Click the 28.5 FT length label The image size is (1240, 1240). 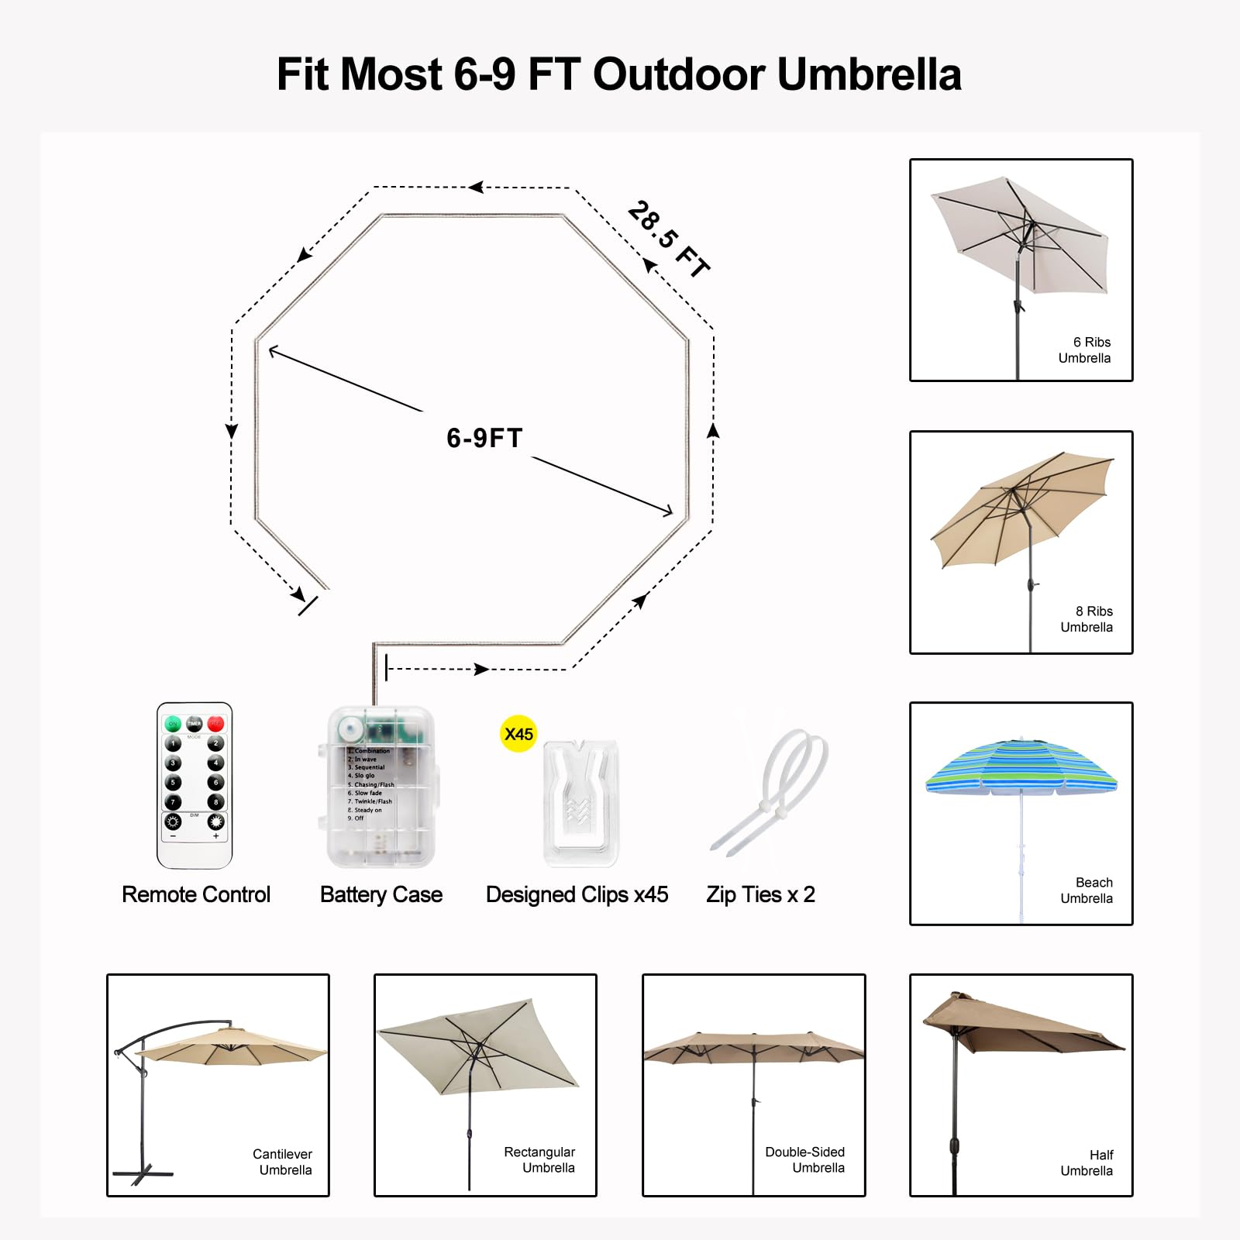pyautogui.click(x=668, y=239)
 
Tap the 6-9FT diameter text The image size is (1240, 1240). pyautogui.click(x=484, y=438)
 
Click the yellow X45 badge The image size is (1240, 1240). pyautogui.click(x=518, y=734)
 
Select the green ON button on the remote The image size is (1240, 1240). pyautogui.click(x=173, y=724)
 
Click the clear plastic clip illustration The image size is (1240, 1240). pyautogui.click(x=580, y=802)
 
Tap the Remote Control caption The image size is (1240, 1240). pyautogui.click(x=196, y=894)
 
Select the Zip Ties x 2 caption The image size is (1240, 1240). pyautogui.click(x=760, y=894)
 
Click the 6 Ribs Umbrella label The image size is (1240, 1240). pyautogui.click(x=1085, y=350)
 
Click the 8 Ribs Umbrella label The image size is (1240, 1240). pyautogui.click(x=1087, y=619)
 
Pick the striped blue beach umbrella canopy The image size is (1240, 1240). pyautogui.click(x=1021, y=767)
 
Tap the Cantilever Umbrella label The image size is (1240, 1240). pyautogui.click(x=284, y=1162)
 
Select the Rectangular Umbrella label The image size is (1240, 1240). pyautogui.click(x=540, y=1160)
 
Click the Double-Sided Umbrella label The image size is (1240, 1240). pyautogui.click(x=806, y=1160)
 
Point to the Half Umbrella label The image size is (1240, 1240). pyautogui.click(x=1087, y=1162)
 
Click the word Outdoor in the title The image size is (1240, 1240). pyautogui.click(x=679, y=74)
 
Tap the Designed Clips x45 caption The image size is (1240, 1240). pyautogui.click(x=577, y=894)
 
